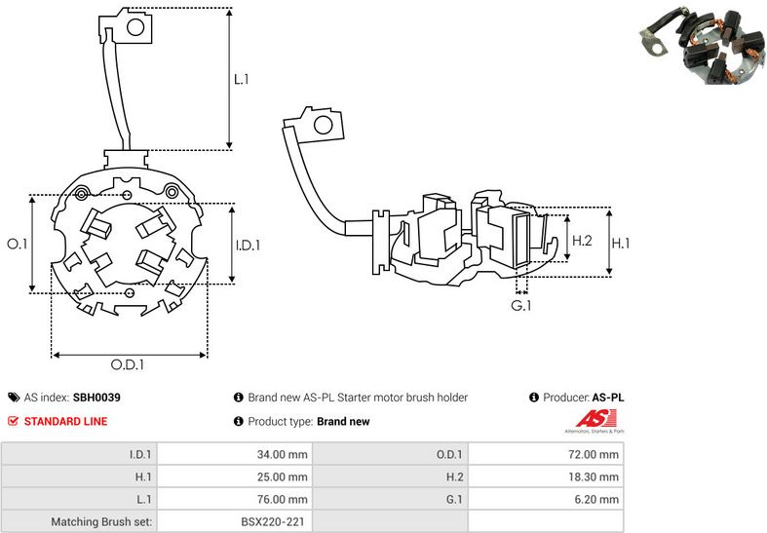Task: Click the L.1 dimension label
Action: [242, 77]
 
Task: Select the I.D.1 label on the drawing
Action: [248, 246]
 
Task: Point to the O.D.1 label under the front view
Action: [127, 365]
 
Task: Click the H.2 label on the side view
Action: [582, 241]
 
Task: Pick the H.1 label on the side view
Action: [624, 241]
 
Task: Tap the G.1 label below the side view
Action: [522, 306]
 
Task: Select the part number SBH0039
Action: [96, 398]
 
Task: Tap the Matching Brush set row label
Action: [101, 522]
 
